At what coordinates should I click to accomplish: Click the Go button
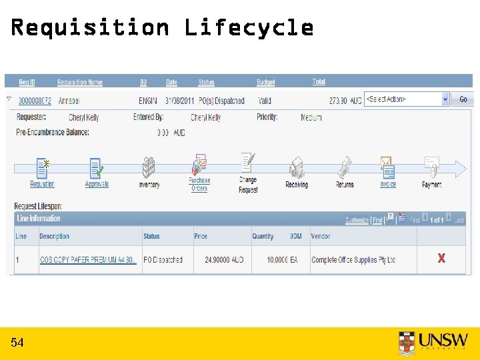[463, 99]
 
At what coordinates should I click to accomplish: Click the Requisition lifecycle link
[42, 184]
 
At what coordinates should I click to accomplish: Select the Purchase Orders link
[199, 184]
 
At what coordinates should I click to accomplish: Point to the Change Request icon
[248, 163]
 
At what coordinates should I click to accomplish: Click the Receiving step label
[297, 185]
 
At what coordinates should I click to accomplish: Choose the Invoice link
[388, 184]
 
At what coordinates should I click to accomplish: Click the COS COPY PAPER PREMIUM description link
[88, 260]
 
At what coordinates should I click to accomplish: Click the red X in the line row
[441, 259]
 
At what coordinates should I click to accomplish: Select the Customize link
[357, 220]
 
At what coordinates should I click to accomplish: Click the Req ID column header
[27, 82]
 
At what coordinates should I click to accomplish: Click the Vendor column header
[321, 236]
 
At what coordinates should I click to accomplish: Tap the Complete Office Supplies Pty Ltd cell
[353, 260]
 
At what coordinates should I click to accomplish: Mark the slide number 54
[17, 343]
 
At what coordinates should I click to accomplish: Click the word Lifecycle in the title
[249, 27]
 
